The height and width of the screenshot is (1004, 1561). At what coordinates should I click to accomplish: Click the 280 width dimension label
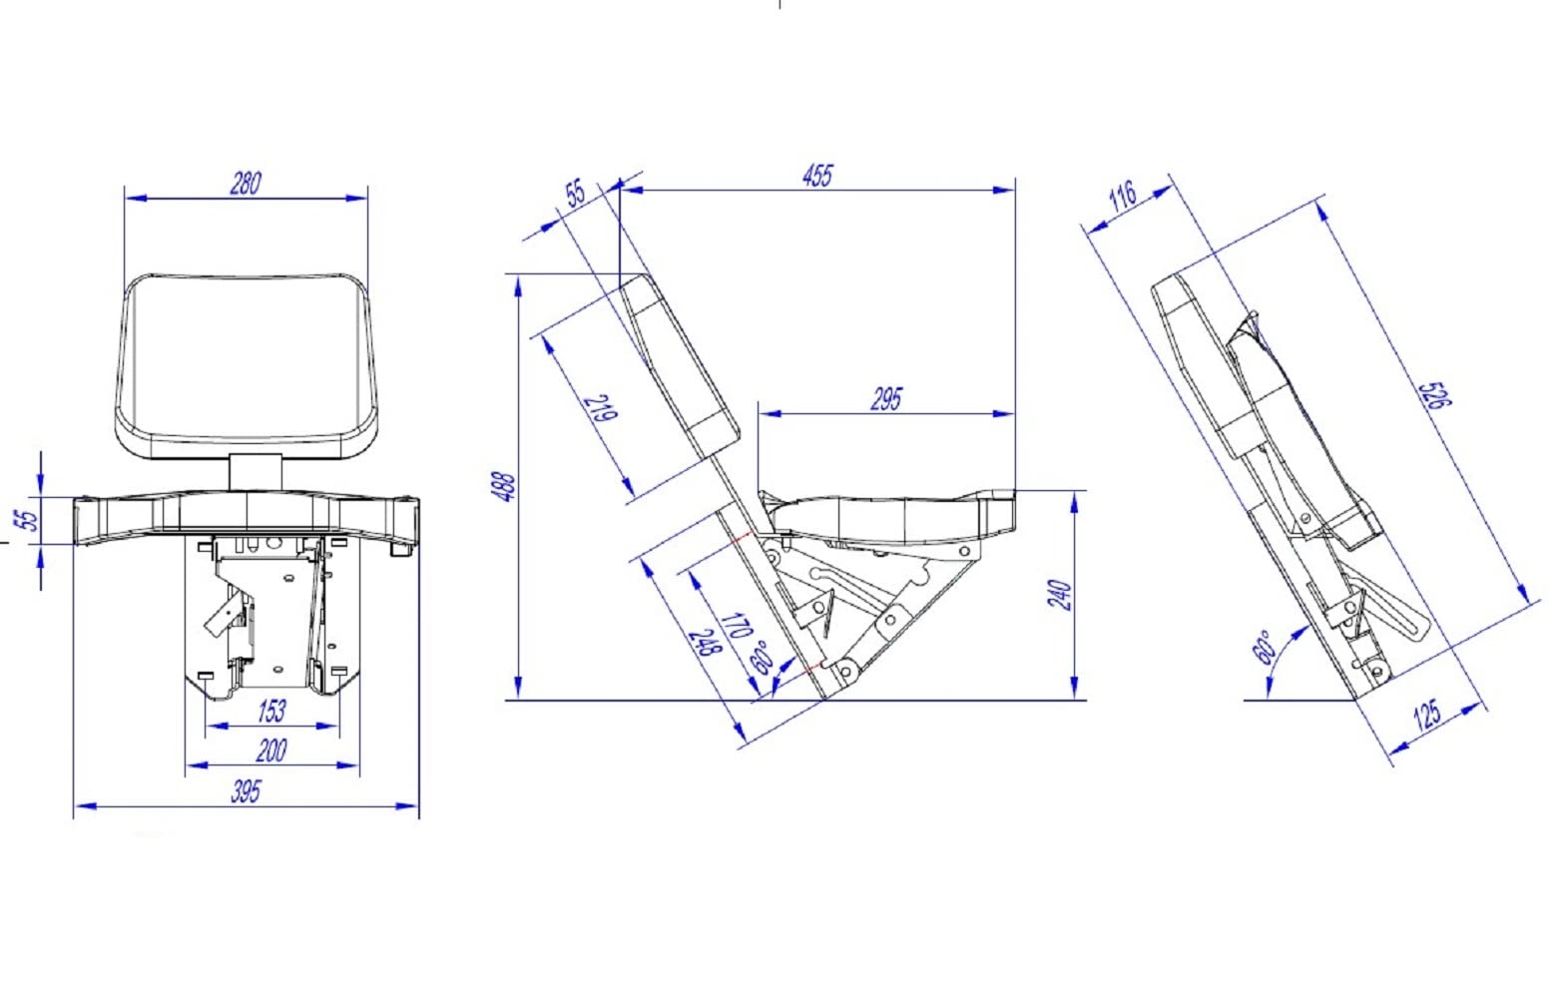coord(246,184)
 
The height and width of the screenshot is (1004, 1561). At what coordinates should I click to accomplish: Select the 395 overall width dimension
coord(246,792)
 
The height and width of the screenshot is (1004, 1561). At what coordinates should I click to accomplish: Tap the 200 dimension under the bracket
coord(271,752)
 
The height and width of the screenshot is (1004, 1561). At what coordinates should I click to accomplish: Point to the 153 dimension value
coord(271,712)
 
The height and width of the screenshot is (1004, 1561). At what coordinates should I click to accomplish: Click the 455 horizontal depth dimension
coord(816,176)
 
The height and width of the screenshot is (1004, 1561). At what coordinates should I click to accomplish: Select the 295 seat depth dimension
coord(885,399)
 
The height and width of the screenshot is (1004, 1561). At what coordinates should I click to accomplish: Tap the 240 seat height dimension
coord(1060,595)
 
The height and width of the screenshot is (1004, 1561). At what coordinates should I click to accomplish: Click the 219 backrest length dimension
coord(602,408)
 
